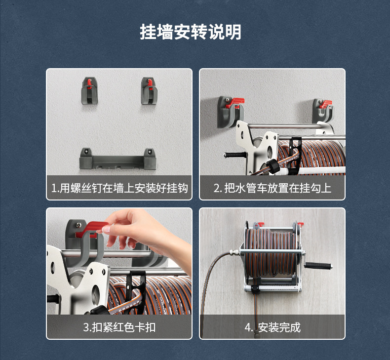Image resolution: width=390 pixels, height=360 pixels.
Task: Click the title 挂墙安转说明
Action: (x=190, y=32)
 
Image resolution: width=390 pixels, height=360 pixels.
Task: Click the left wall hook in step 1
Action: (x=89, y=91)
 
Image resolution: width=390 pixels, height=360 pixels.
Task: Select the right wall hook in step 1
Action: (x=149, y=91)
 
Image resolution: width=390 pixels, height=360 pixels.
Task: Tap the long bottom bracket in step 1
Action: (x=117, y=159)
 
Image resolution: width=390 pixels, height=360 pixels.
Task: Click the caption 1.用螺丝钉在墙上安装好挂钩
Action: (x=119, y=188)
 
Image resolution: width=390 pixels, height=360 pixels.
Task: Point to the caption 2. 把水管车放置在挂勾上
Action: (x=273, y=188)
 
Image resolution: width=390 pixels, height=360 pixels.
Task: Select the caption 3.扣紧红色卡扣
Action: (x=119, y=327)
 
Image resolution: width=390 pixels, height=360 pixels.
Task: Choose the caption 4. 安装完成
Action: (x=273, y=327)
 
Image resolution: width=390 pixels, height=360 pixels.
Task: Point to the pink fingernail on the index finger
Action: (x=107, y=229)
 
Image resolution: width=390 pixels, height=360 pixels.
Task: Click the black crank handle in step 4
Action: (x=318, y=266)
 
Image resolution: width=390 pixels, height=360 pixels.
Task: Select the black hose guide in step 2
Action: (x=295, y=156)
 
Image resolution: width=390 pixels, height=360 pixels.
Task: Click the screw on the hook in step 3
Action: (x=78, y=225)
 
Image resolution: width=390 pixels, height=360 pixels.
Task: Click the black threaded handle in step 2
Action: (x=235, y=155)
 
